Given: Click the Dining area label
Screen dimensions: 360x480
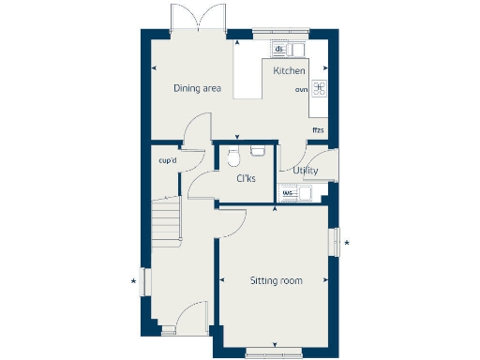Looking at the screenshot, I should point(197,89).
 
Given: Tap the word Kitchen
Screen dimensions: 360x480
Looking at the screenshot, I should point(289,71).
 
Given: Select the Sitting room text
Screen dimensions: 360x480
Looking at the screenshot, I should point(276,280).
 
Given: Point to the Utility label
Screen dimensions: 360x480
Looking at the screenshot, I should point(306,171).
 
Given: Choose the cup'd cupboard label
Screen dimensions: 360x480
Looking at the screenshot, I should point(169,159).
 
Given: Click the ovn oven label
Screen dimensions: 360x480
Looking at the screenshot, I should point(301,89).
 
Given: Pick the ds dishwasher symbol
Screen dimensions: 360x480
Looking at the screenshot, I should point(279,49).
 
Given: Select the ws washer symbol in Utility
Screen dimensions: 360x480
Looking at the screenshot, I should point(288,194).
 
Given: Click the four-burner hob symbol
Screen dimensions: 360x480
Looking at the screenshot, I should point(319,89).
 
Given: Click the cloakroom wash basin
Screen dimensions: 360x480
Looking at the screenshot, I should point(258,149).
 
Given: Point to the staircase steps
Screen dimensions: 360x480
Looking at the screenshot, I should point(166,225).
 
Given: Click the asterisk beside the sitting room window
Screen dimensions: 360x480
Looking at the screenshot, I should point(347,244).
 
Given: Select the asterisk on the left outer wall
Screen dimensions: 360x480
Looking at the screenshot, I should point(134,280).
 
